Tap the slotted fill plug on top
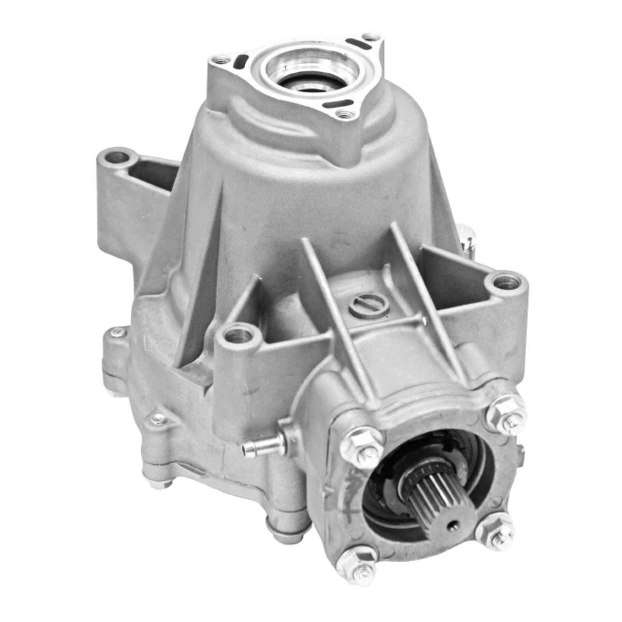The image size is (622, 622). click(367, 306)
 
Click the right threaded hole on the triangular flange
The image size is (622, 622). click(370, 37)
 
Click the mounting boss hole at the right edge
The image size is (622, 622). click(505, 283)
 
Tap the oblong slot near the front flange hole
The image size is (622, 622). click(342, 104)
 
